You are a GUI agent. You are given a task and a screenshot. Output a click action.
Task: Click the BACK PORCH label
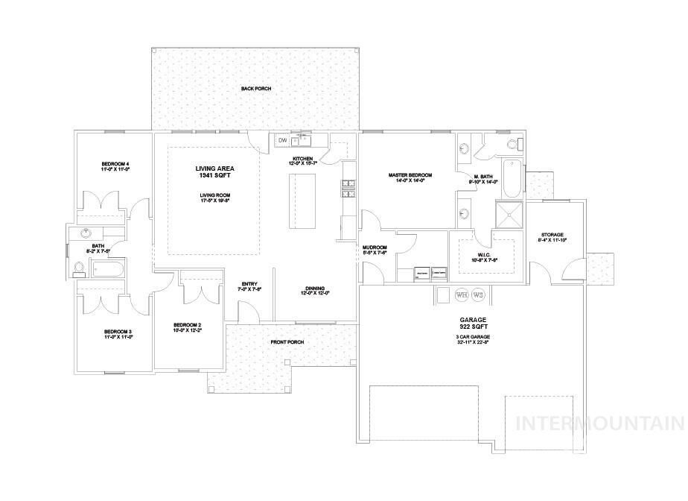(x=255, y=89)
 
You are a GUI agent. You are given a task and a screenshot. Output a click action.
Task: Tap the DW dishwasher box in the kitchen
(x=282, y=140)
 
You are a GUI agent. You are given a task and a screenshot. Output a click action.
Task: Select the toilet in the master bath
(x=512, y=144)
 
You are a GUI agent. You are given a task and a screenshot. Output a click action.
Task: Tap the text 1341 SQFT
(x=205, y=176)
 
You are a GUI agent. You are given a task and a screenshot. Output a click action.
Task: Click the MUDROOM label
(x=374, y=248)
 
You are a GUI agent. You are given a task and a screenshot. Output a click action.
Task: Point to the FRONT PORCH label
(x=287, y=342)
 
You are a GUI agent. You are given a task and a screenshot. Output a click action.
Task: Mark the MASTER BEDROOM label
(x=410, y=176)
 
